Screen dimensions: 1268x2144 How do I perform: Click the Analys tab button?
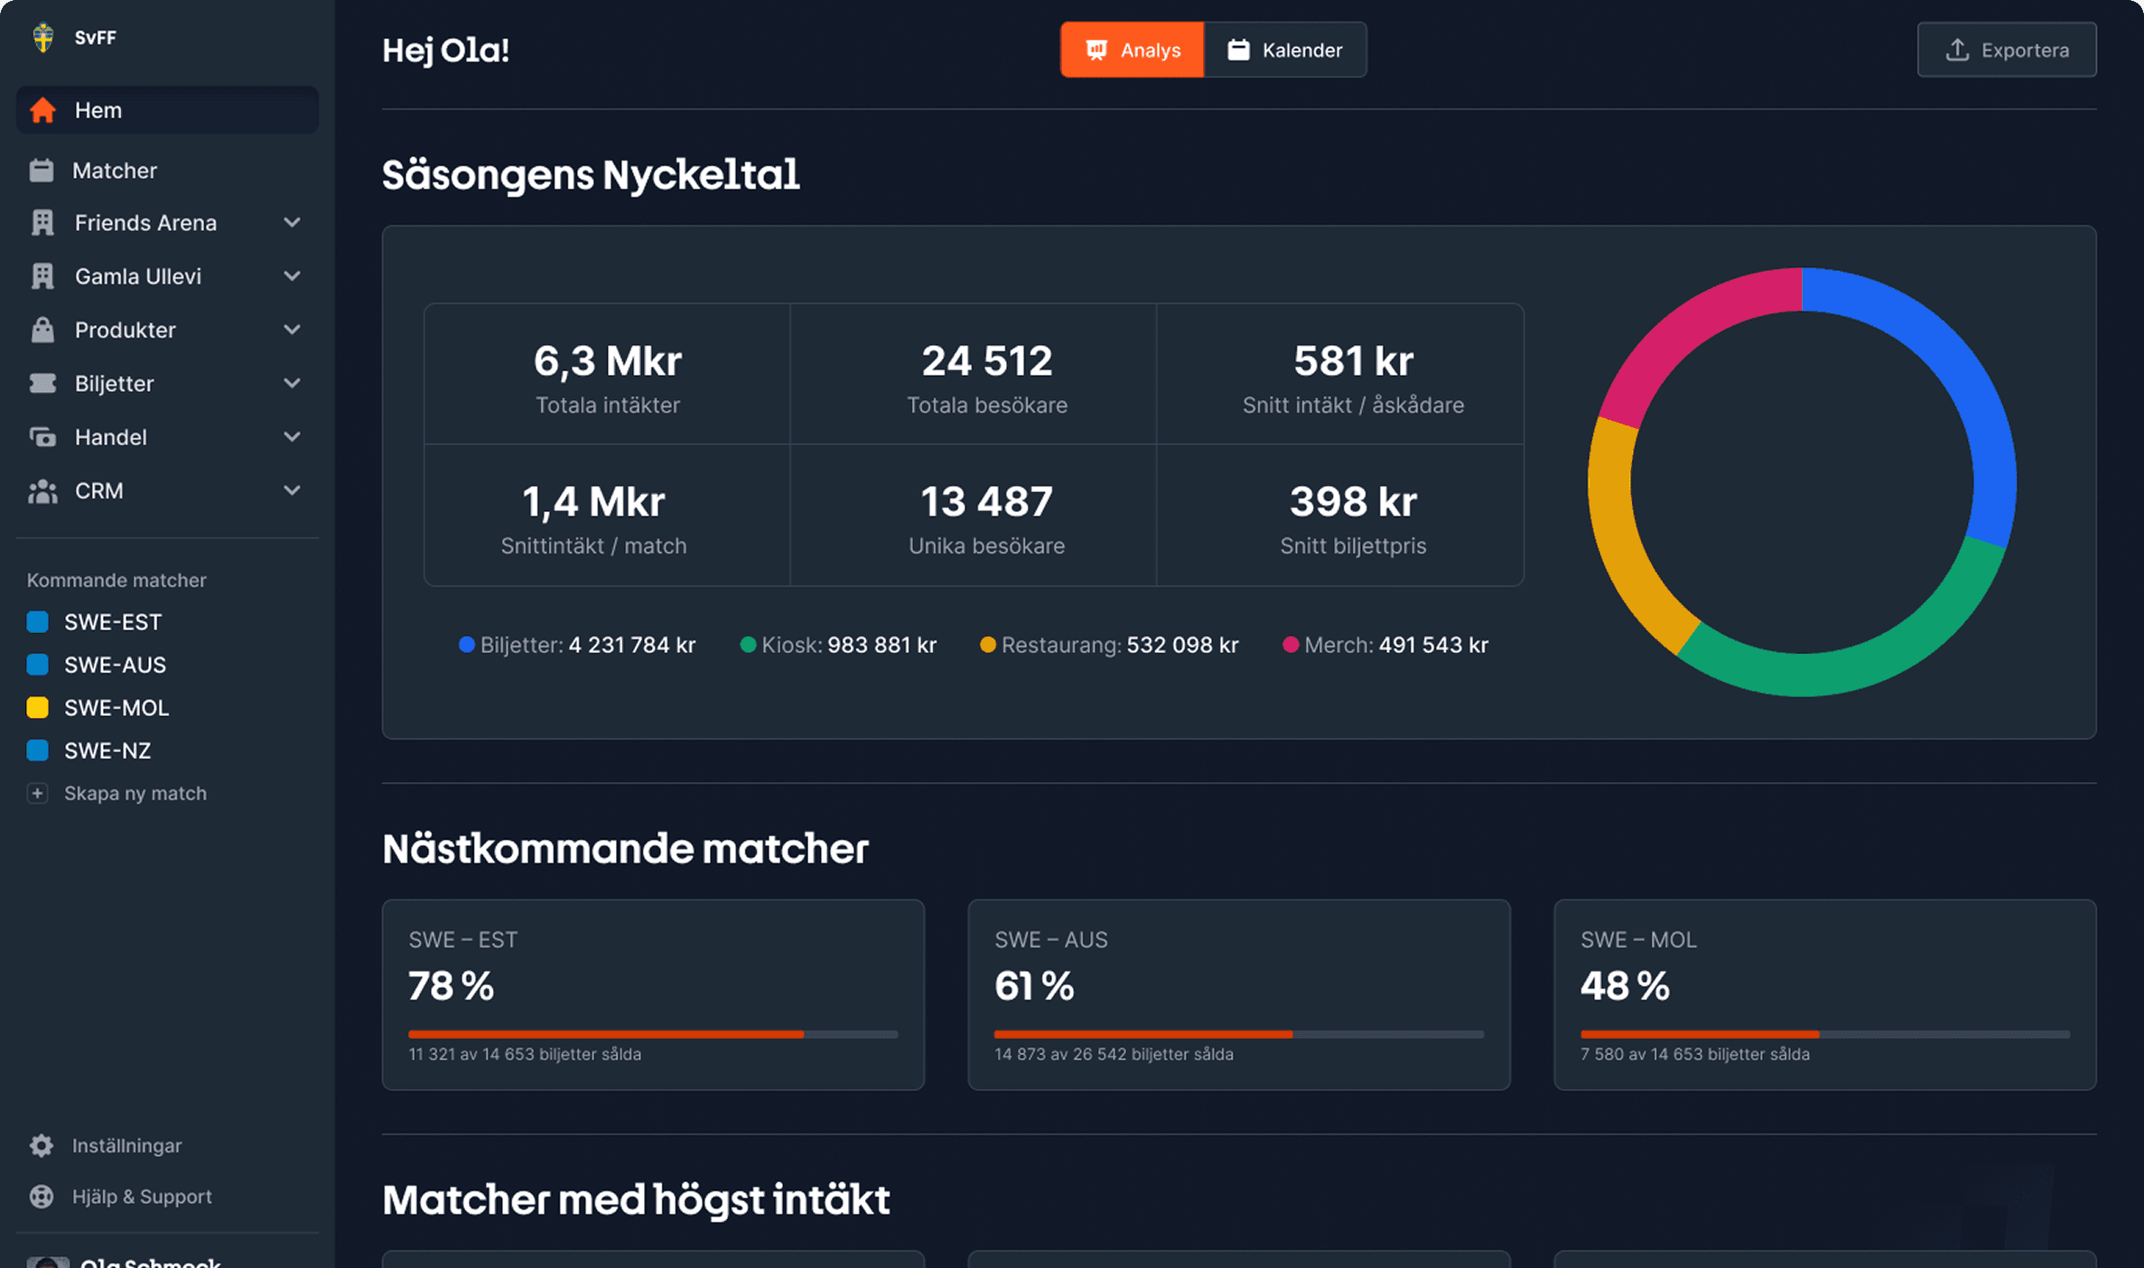pos(1132,50)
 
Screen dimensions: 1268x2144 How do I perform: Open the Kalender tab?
pos(1285,50)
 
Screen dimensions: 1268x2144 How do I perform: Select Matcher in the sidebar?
pos(114,171)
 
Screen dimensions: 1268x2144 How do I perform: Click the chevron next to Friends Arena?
pos(292,222)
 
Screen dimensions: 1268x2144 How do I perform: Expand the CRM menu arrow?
pos(292,490)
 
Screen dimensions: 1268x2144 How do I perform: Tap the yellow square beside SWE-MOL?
pos(38,707)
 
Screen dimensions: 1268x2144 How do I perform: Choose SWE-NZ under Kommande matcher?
pos(107,751)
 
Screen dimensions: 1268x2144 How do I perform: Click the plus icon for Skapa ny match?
pos(38,793)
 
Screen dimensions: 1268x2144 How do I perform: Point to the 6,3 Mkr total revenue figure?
pos(607,361)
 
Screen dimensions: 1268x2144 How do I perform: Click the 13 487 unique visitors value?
pos(986,502)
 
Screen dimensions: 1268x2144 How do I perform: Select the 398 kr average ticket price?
pos(1353,502)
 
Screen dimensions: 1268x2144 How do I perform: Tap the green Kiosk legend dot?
pos(748,645)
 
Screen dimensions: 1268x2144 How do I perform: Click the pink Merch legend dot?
pos(1291,645)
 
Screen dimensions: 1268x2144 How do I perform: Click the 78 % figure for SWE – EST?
pos(451,986)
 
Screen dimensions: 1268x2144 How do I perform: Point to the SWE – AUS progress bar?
pos(1238,1034)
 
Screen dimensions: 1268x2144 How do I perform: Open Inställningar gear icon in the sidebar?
pos(42,1145)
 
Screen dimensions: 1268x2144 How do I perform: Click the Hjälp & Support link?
pos(142,1197)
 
